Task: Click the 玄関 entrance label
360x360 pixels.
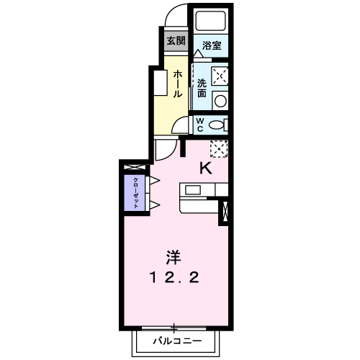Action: (176, 40)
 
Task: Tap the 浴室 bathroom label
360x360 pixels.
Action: (212, 45)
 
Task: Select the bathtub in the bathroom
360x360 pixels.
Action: (211, 22)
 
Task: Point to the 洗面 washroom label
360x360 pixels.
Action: (202, 88)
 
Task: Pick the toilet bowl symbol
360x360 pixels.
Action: (216, 125)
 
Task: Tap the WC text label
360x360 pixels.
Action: (202, 125)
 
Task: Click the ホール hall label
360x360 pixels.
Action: (176, 85)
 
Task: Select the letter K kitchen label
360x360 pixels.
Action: (206, 168)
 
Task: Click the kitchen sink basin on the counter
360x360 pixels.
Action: (194, 190)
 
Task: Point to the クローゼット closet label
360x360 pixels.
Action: (134, 193)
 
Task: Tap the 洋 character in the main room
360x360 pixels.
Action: (174, 257)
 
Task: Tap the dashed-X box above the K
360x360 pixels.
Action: (219, 148)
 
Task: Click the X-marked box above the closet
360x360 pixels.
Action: (134, 168)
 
